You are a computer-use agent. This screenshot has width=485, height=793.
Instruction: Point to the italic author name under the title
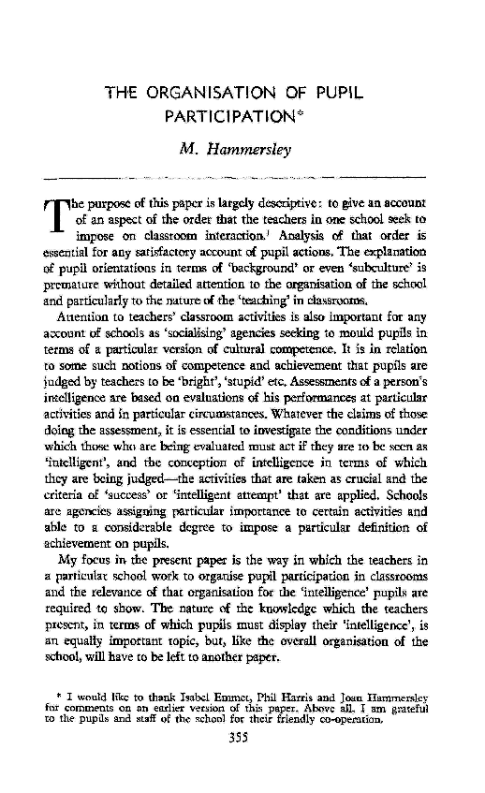[x=248, y=147]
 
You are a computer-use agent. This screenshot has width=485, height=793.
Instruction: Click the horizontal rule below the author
[x=248, y=176]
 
